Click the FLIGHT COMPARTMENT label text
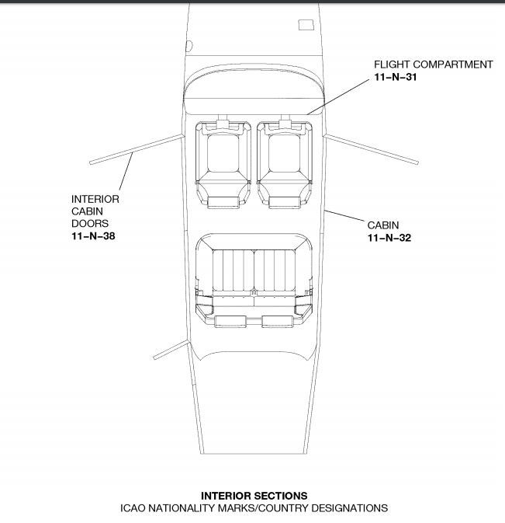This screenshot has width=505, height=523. tap(433, 65)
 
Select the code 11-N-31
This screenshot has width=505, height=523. tap(396, 77)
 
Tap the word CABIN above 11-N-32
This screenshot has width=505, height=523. tap(383, 225)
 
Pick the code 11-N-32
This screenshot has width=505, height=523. tap(389, 238)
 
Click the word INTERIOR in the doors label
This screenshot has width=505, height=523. tap(95, 199)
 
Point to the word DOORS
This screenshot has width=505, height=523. tap(90, 223)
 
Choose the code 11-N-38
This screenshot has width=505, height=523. tap(93, 235)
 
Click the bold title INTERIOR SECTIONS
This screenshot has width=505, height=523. tap(254, 496)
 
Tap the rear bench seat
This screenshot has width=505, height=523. tap(254, 281)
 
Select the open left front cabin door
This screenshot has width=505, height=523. tap(137, 149)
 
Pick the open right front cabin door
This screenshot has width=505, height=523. tap(371, 148)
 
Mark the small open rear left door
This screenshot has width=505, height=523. tap(171, 350)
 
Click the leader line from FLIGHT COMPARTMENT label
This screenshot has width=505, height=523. tap(338, 97)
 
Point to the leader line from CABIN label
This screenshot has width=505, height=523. tap(344, 215)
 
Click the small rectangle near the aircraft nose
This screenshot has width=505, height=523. tap(306, 25)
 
